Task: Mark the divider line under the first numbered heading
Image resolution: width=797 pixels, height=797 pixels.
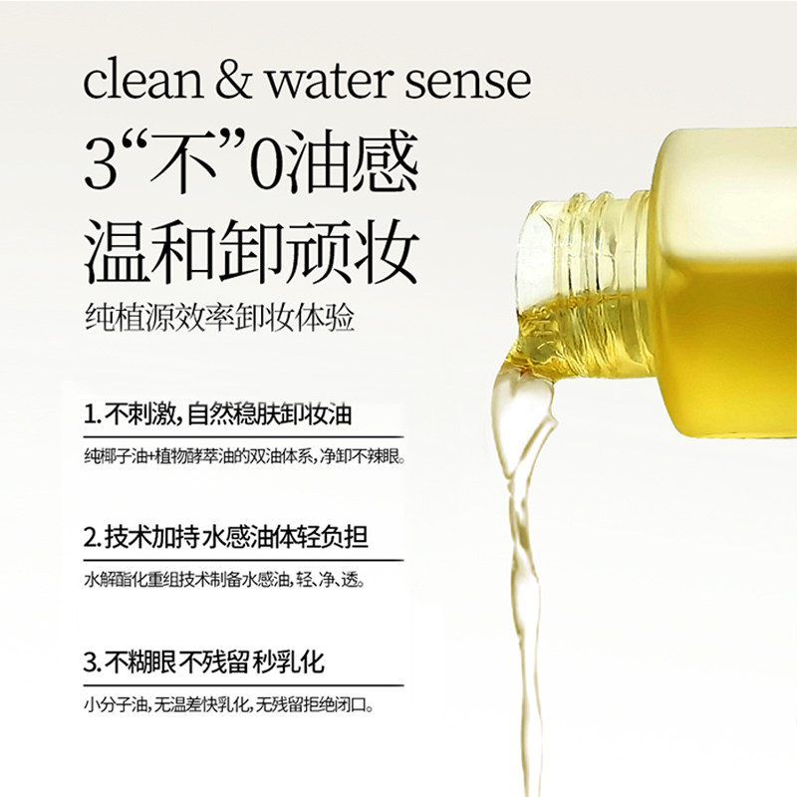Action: [x=244, y=436]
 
